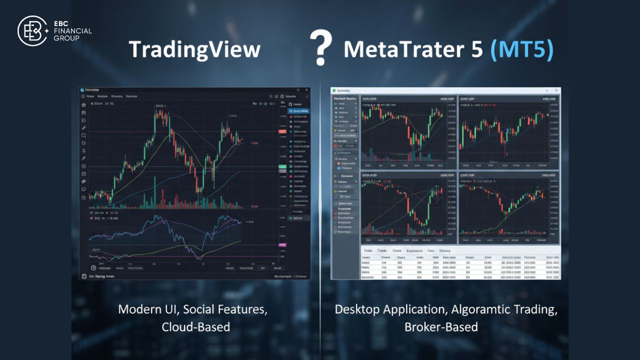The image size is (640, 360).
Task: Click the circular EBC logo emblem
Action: [x=33, y=31]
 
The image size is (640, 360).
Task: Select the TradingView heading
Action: [x=194, y=49]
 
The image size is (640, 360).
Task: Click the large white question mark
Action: [x=321, y=47]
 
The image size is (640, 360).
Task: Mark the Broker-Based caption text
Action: [x=441, y=327]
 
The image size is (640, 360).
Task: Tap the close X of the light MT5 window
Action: [x=556, y=90]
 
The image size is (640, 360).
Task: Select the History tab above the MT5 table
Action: [x=444, y=251]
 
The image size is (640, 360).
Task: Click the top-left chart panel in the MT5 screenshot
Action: [x=408, y=132]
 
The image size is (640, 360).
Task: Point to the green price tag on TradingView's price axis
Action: [x=282, y=166]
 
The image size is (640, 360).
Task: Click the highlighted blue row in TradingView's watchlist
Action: [x=299, y=111]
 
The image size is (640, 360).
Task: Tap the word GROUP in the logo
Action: [x=67, y=38]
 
